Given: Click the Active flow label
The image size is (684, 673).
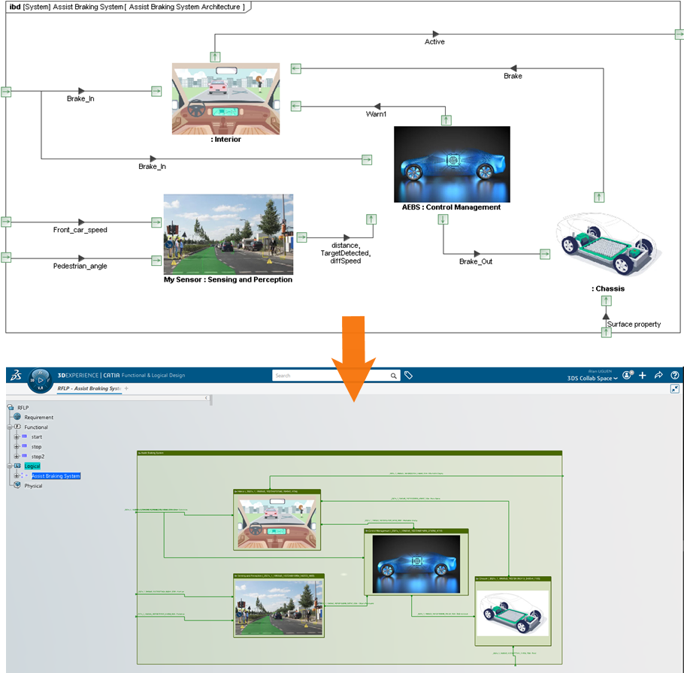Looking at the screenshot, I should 434,42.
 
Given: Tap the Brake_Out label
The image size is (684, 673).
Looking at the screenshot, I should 476,261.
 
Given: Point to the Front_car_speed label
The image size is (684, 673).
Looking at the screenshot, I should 80,230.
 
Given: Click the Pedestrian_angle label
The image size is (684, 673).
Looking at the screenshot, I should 80,266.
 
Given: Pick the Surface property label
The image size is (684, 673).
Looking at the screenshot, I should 634,324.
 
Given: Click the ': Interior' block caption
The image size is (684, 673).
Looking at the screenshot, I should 225,140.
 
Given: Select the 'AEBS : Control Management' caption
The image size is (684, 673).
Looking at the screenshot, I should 451,207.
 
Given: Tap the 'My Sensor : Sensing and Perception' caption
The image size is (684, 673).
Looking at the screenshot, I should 228,279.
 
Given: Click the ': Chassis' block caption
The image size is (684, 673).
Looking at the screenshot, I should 607,288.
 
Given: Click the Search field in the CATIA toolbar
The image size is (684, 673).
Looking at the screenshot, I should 331,376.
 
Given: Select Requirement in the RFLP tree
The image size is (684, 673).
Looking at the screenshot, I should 38,417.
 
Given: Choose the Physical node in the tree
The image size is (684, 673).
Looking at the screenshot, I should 33,485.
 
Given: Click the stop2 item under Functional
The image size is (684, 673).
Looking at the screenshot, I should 38,456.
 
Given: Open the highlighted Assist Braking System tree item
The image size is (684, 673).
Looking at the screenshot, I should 56,475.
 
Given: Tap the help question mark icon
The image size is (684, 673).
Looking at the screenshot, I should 674,375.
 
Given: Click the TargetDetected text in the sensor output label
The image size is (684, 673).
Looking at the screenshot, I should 345,253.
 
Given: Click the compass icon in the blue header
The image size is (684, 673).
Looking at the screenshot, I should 41,380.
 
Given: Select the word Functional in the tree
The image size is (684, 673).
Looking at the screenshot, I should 36,427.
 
